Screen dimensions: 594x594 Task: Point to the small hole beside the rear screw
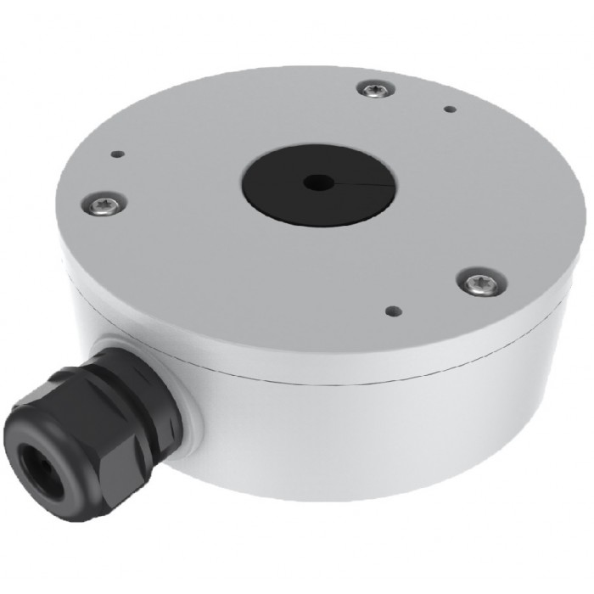point(450,109)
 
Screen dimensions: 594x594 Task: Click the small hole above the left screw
point(118,154)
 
